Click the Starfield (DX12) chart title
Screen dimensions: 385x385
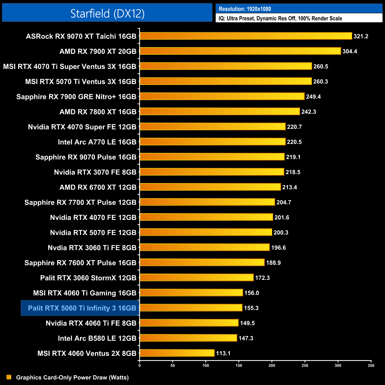[107, 13]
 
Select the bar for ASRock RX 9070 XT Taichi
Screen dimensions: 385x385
[246, 36]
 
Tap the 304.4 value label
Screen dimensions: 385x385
[350, 51]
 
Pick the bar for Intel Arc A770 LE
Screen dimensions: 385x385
[213, 142]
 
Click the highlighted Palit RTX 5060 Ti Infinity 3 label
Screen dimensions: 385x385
[82, 308]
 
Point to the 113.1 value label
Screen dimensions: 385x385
[223, 353]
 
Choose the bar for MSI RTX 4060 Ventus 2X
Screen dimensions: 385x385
[177, 353]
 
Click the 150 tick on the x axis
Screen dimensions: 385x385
[239, 365]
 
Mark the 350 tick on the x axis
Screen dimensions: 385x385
[371, 365]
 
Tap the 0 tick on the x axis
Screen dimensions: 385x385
[139, 365]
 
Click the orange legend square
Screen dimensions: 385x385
[9, 377]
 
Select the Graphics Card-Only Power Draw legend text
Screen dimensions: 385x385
[72, 377]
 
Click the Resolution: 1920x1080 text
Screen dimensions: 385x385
[245, 9]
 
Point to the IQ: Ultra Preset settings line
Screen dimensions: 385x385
[280, 18]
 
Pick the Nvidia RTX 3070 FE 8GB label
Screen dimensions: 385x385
[95, 172]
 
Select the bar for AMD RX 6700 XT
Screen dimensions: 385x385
[210, 187]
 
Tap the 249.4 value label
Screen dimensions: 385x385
[313, 97]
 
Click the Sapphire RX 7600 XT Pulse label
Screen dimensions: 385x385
[80, 263]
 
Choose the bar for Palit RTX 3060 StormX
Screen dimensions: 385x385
[197, 277]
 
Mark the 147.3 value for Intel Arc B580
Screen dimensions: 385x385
[246, 338]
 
